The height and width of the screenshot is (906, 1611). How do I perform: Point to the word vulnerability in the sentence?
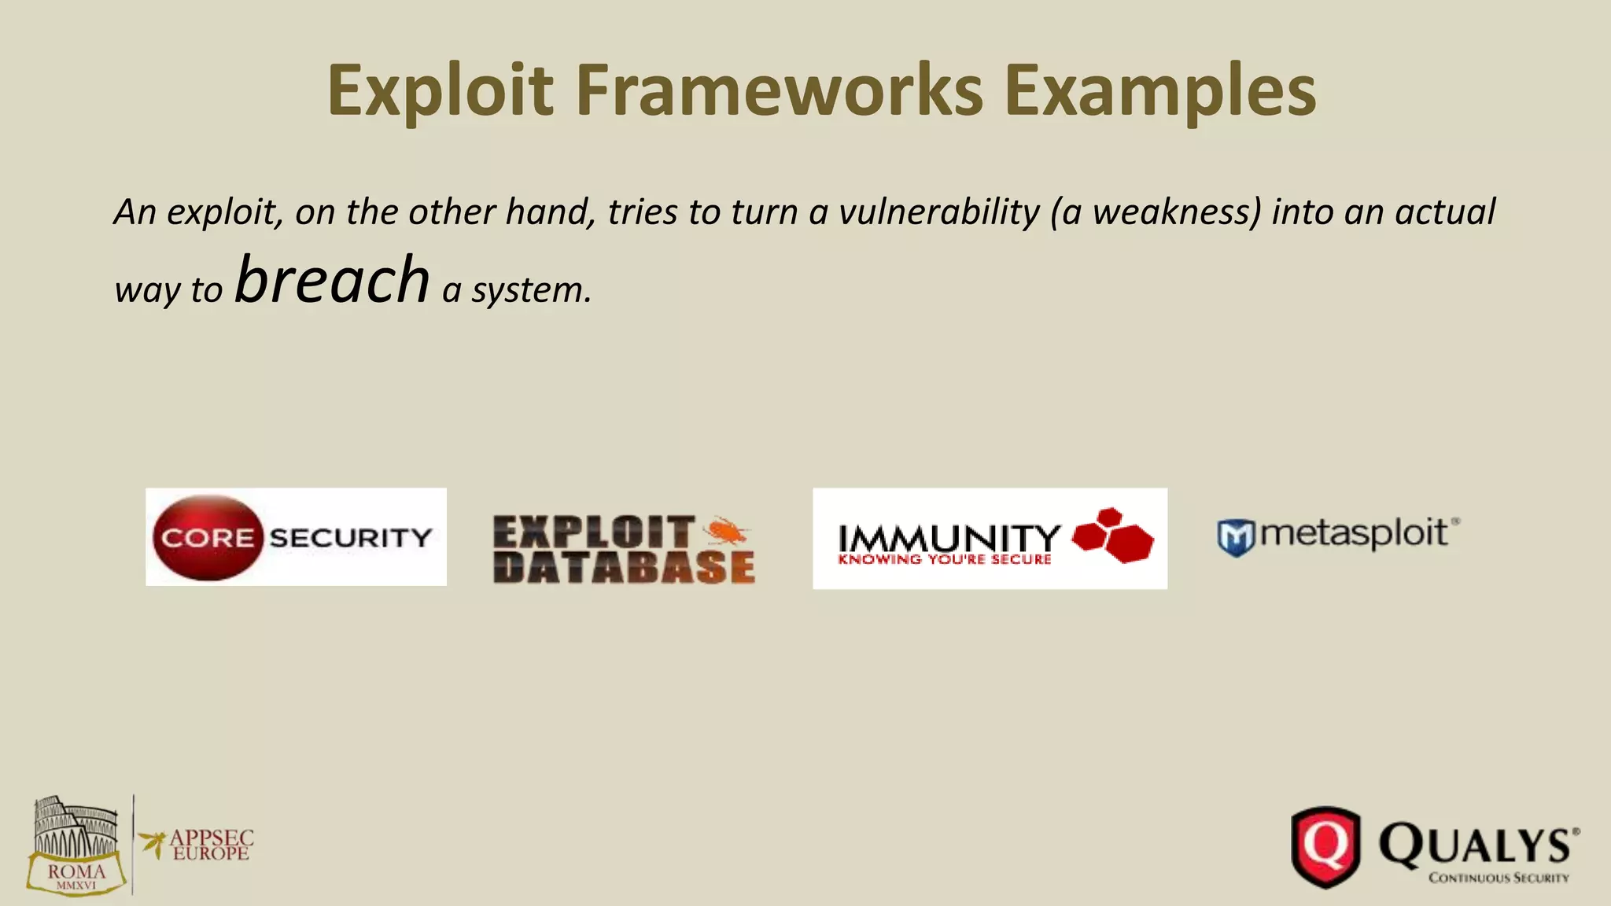point(938,212)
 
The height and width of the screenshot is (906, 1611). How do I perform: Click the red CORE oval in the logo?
point(207,538)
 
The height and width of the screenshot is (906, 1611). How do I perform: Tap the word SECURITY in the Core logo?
point(350,538)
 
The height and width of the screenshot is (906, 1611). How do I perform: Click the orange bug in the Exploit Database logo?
point(726,532)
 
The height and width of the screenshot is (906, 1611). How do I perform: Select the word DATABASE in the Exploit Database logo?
point(624,568)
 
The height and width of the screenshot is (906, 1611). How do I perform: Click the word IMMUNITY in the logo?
point(949,539)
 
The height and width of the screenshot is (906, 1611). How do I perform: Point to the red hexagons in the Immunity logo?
point(1113,535)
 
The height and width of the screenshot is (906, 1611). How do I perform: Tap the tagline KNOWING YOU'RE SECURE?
point(945,560)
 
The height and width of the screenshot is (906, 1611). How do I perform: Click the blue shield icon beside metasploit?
point(1235,538)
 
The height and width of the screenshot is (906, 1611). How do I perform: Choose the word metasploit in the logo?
point(1354,533)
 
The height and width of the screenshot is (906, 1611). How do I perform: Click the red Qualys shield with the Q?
point(1326,846)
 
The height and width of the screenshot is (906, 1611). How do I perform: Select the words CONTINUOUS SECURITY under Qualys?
point(1499,878)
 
